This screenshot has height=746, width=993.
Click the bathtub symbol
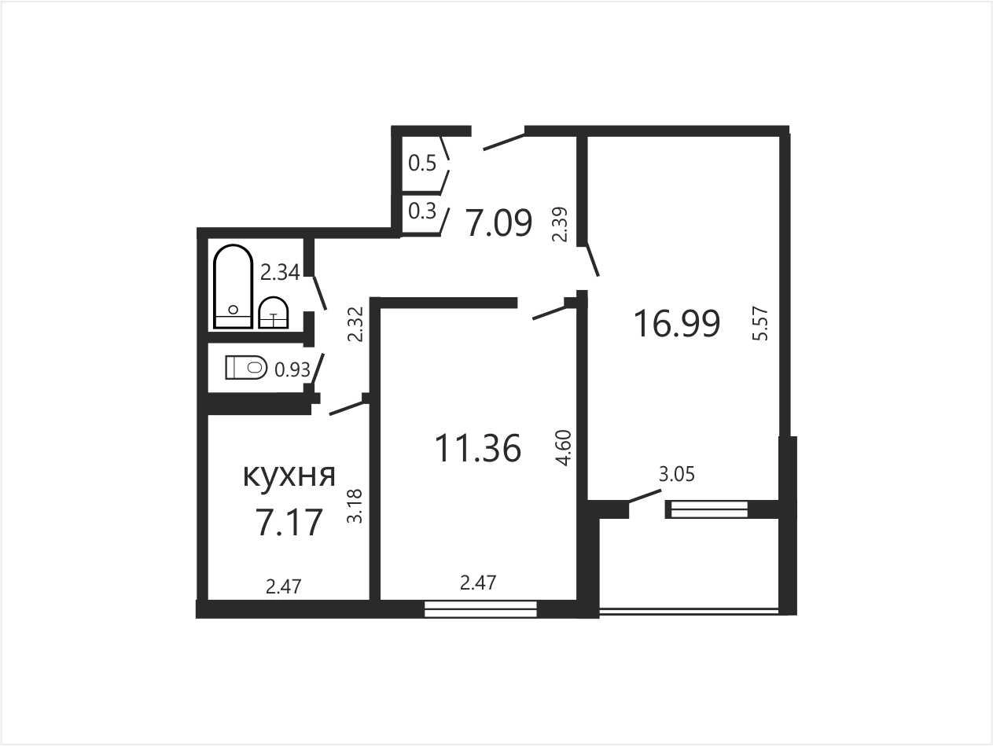[x=233, y=286]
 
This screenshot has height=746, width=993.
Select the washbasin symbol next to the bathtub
[x=274, y=312]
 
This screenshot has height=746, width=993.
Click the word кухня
[x=289, y=476]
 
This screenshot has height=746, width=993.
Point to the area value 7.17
[x=289, y=522]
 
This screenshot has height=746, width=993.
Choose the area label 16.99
[x=677, y=323]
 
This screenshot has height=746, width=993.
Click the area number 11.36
[x=478, y=448]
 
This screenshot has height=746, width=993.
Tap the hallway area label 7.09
[x=499, y=223]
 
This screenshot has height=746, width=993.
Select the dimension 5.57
[x=761, y=323]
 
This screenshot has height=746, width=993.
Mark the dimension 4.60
[x=565, y=448]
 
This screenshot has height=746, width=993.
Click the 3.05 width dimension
[x=677, y=474]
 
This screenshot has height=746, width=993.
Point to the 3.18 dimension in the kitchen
[x=355, y=506]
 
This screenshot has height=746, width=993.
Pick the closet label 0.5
[x=422, y=163]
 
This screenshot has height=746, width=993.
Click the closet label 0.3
[x=422, y=211]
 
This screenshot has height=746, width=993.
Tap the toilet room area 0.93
[x=292, y=369]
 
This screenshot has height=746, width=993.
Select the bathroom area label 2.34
[x=280, y=273]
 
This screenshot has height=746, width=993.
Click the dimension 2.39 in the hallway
[x=560, y=224]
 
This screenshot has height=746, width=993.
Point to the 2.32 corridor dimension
[x=355, y=324]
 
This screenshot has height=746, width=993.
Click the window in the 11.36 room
[x=481, y=609]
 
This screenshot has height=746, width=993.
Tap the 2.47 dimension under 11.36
[x=478, y=582]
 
